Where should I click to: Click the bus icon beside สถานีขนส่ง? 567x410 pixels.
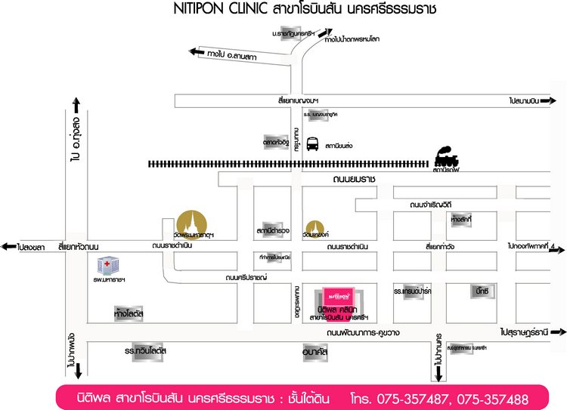coord(312,144)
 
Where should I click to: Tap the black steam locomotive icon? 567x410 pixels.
coord(446,158)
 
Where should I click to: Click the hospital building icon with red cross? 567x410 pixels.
coord(107,266)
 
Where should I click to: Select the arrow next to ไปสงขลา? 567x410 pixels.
coord(8,247)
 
